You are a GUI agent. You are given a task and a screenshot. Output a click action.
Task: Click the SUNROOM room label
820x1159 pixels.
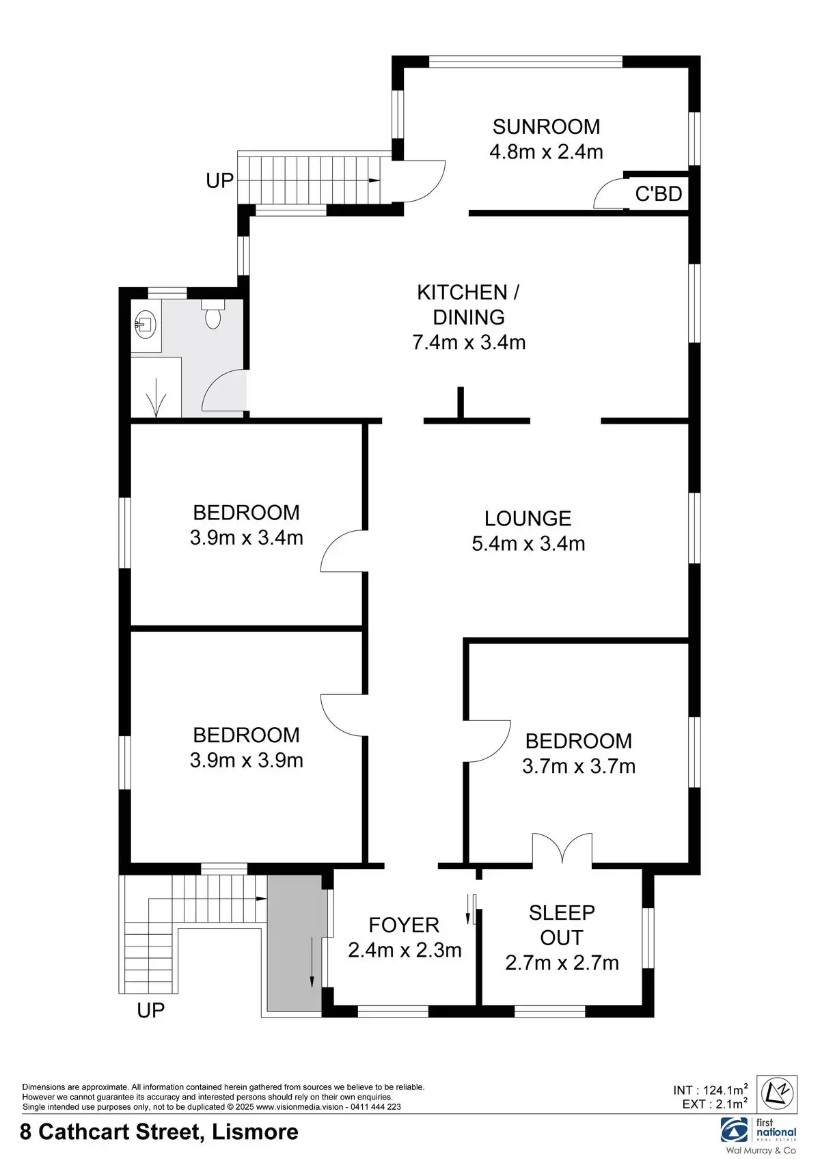[546, 127]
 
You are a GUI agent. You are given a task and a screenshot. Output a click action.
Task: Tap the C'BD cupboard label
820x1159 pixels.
[659, 194]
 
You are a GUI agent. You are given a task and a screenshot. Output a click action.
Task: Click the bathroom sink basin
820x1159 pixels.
[146, 325]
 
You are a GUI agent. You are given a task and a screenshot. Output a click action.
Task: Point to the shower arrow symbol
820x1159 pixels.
[156, 397]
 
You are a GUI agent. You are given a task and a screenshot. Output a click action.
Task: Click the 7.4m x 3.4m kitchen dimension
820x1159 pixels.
[469, 342]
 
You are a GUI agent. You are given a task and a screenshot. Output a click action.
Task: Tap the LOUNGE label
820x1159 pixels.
[528, 519]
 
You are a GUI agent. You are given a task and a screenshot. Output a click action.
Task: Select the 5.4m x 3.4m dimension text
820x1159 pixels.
[528, 544]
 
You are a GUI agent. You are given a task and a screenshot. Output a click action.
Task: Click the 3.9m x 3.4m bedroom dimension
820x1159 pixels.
[246, 538]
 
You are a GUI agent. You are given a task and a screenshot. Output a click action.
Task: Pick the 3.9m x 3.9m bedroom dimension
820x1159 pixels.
[246, 761]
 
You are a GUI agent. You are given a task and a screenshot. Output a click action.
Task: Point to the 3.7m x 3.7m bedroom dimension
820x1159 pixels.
[578, 766]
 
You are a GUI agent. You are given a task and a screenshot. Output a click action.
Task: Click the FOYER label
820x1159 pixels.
[404, 925]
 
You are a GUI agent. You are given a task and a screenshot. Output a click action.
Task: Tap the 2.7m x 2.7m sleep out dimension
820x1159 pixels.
[562, 963]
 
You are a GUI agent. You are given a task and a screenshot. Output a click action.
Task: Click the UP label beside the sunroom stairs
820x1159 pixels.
[220, 180]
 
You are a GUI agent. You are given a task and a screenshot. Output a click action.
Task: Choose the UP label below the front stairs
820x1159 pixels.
[151, 1010]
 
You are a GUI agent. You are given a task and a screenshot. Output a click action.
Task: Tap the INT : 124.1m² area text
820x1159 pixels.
[710, 1090]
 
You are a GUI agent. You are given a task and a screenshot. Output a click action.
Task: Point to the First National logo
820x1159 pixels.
[758, 1131]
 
